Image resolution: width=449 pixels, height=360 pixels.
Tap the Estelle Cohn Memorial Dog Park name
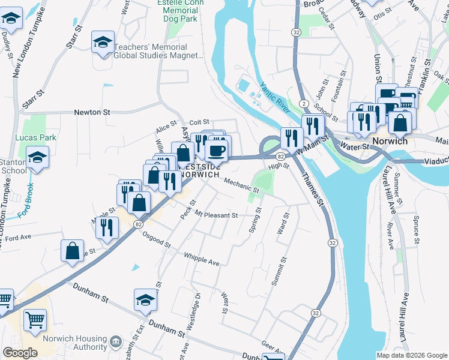point(181,10)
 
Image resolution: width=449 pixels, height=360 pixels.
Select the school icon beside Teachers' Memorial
point(103,43)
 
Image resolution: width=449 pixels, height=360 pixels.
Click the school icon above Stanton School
point(38,158)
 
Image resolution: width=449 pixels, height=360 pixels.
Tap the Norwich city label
point(390,141)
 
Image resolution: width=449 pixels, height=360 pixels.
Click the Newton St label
point(92,112)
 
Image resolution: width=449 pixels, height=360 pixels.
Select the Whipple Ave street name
point(201,259)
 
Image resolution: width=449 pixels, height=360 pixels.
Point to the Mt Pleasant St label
point(216,215)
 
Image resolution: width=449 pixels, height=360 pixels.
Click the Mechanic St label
point(241,184)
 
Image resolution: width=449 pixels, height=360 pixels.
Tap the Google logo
point(20,353)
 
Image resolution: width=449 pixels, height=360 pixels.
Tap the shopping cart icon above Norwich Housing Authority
point(35,320)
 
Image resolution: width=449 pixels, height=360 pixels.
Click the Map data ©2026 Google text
point(411,355)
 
